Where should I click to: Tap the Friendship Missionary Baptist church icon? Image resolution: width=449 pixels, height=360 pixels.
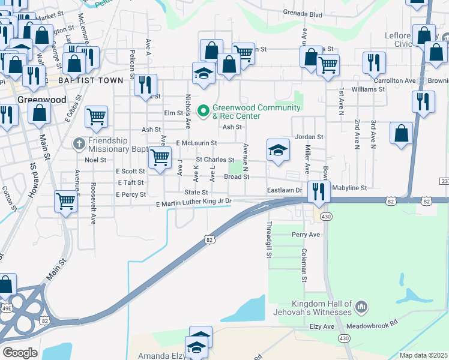point(79,143)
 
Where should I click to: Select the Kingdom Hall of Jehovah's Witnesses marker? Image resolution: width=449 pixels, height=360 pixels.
point(361,307)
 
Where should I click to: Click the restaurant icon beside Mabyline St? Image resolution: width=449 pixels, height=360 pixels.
point(319,192)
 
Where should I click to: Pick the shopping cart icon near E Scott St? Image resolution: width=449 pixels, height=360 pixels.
point(159,158)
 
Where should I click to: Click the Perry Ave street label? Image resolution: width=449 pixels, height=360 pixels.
point(306,234)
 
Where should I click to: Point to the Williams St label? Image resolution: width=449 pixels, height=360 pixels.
point(368,89)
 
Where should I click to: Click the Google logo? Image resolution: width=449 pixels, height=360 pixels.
point(20,352)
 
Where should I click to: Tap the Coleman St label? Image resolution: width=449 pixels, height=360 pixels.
point(304,265)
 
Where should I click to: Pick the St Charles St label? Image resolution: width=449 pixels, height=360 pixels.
point(215,160)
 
